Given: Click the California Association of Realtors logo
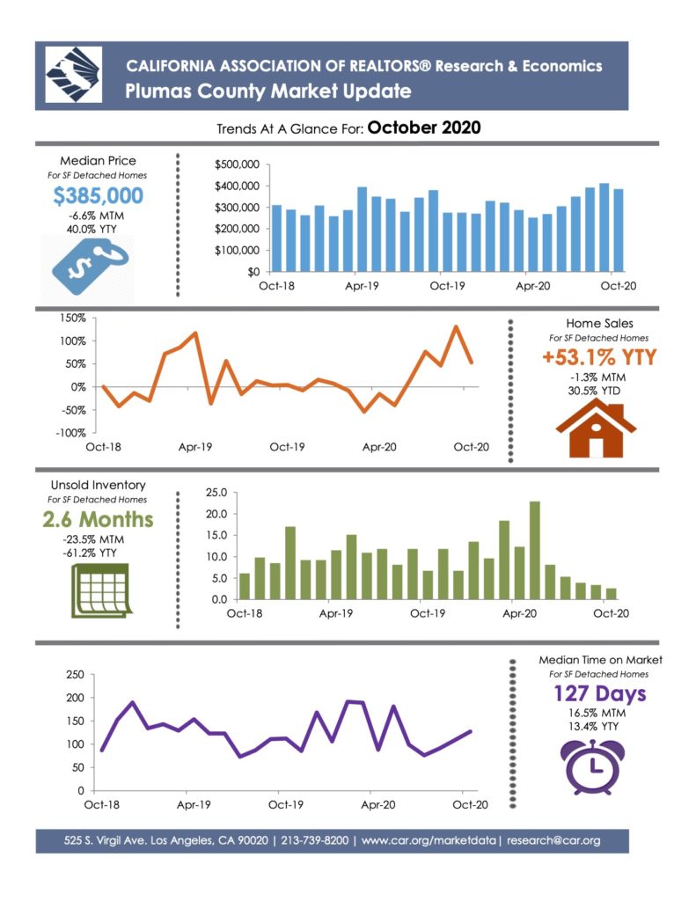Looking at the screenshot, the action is pyautogui.click(x=74, y=75).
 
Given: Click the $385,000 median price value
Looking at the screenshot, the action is pyautogui.click(x=99, y=195).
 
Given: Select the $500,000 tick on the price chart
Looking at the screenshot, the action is pyautogui.click(x=237, y=165).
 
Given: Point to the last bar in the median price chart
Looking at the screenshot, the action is pyautogui.click(x=618, y=230).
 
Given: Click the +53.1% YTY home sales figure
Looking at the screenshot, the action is pyautogui.click(x=599, y=357).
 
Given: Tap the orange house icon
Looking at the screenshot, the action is pyautogui.click(x=596, y=429).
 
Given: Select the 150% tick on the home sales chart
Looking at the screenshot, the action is pyautogui.click(x=73, y=319).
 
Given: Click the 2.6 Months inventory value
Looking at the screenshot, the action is pyautogui.click(x=98, y=519).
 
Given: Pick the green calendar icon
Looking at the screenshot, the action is pyautogui.click(x=101, y=590).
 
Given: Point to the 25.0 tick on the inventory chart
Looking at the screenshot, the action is pyautogui.click(x=216, y=493).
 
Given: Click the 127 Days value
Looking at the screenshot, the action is pyautogui.click(x=599, y=693).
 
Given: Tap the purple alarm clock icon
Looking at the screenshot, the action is pyautogui.click(x=592, y=767).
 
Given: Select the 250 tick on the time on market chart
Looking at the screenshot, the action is pyautogui.click(x=76, y=675).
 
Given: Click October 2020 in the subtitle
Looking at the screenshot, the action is pyautogui.click(x=424, y=128).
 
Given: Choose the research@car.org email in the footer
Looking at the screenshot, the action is pyautogui.click(x=553, y=840).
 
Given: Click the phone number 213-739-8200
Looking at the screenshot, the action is pyautogui.click(x=314, y=840).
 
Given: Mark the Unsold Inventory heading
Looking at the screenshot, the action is pyautogui.click(x=99, y=486).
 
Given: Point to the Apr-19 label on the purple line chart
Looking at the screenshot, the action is pyautogui.click(x=194, y=805).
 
